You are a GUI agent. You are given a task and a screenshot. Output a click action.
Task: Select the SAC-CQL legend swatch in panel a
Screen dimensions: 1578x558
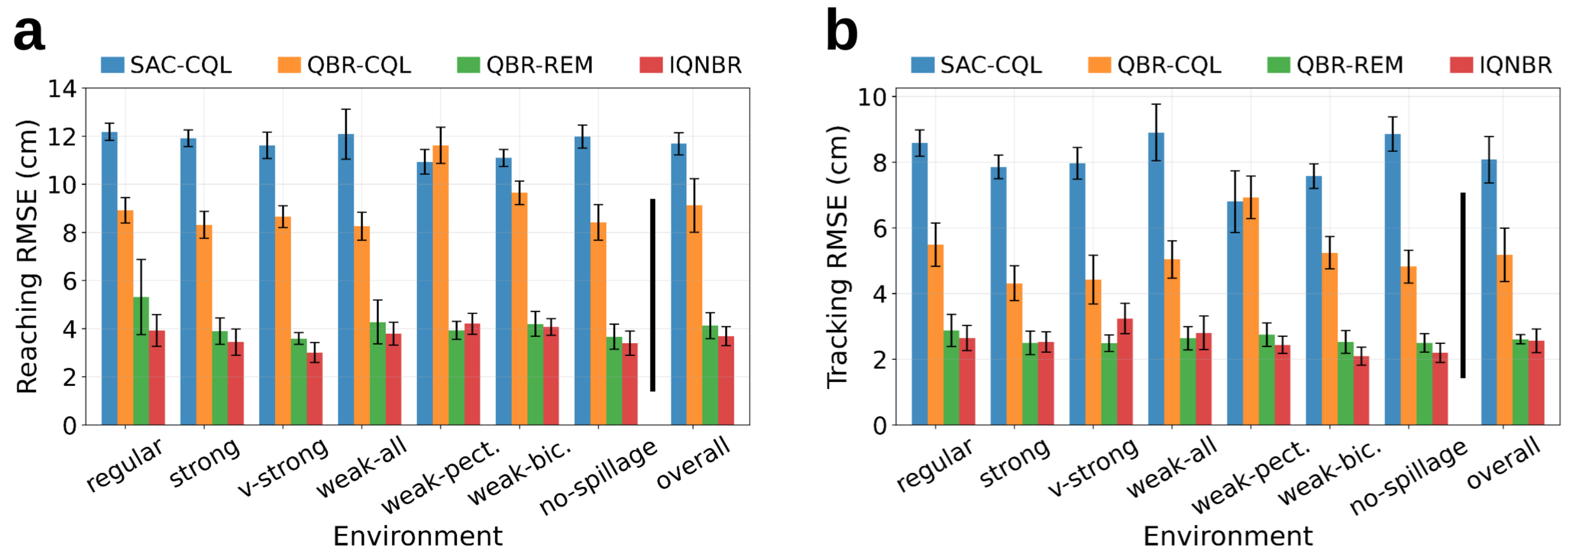pyautogui.click(x=113, y=65)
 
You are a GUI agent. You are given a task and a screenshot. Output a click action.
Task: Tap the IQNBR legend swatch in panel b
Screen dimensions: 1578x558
pyautogui.click(x=1462, y=65)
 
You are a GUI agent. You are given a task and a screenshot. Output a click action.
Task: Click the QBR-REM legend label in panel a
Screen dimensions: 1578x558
pyautogui.click(x=540, y=65)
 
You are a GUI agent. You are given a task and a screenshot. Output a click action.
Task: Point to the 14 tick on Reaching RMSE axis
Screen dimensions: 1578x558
pyautogui.click(x=63, y=89)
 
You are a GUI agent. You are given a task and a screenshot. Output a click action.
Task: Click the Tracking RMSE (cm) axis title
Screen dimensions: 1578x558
pyautogui.click(x=837, y=257)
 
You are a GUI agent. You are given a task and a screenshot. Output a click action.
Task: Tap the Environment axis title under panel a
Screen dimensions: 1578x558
pyautogui.click(x=418, y=536)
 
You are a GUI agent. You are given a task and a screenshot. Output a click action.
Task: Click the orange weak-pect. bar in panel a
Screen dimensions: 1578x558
pyautogui.click(x=440, y=285)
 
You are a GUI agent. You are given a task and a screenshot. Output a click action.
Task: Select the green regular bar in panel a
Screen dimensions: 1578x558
pyautogui.click(x=141, y=361)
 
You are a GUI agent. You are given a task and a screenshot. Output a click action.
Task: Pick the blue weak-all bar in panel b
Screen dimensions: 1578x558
pyautogui.click(x=1156, y=278)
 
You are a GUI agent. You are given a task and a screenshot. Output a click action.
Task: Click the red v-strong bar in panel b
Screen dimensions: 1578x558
pyautogui.click(x=1125, y=372)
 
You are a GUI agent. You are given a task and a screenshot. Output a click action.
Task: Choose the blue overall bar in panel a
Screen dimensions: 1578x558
pyautogui.click(x=678, y=284)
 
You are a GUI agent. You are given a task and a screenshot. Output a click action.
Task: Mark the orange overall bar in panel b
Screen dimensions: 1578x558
pyautogui.click(x=1505, y=340)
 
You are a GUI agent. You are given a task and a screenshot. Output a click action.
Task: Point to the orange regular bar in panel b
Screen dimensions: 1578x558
pyautogui.click(x=936, y=335)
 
